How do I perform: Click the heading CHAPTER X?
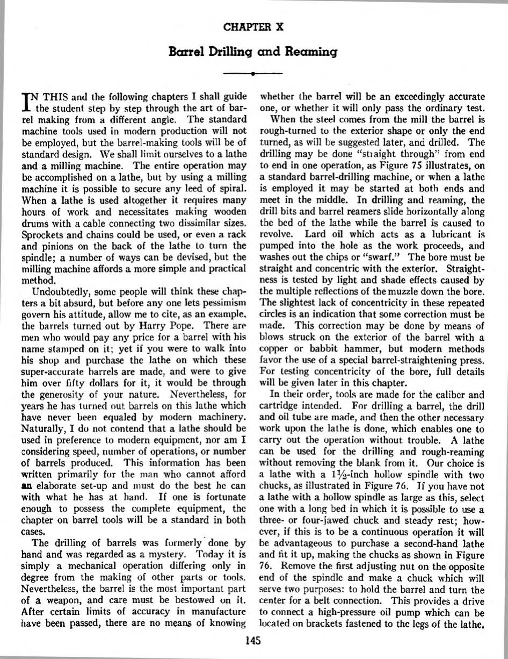(x=253, y=26)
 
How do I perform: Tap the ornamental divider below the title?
(x=253, y=72)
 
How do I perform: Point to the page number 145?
(x=253, y=640)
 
